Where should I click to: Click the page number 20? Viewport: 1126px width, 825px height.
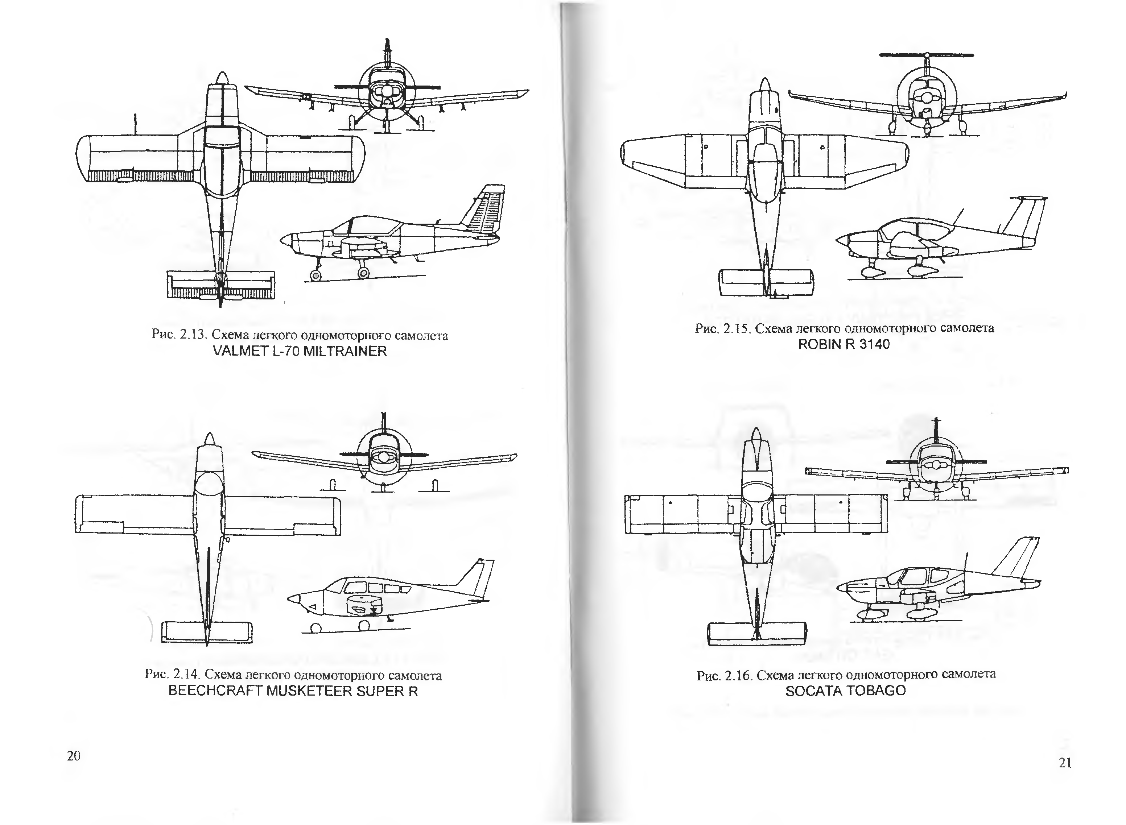coord(73,755)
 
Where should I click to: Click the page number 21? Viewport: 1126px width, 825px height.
coord(1065,763)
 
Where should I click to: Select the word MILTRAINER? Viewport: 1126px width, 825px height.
coord(345,351)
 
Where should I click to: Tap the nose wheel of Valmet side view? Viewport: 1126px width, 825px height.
coord(315,275)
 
